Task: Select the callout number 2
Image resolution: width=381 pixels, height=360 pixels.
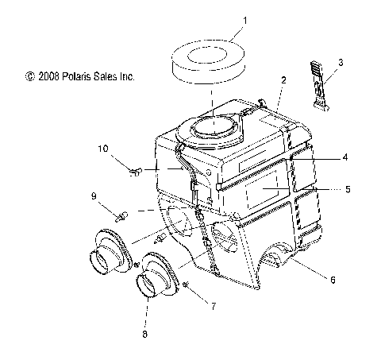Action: click(283, 80)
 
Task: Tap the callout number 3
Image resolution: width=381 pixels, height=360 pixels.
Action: click(341, 61)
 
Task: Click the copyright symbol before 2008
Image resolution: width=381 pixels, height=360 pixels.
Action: click(29, 77)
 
